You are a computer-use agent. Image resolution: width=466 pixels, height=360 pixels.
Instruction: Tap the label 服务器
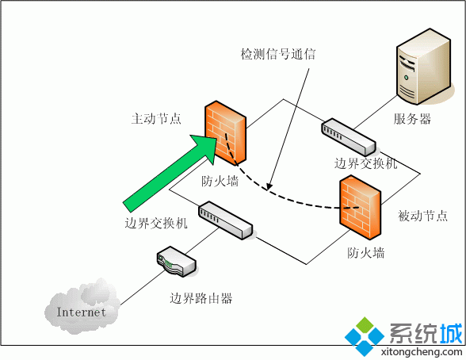413,120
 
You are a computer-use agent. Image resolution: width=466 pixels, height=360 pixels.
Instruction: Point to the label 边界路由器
201,299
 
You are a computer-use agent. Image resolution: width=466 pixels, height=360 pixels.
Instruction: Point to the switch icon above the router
226,220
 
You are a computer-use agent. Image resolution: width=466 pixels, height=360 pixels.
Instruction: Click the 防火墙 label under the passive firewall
366,253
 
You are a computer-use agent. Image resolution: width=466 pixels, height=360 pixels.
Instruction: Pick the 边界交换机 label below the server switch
365,163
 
